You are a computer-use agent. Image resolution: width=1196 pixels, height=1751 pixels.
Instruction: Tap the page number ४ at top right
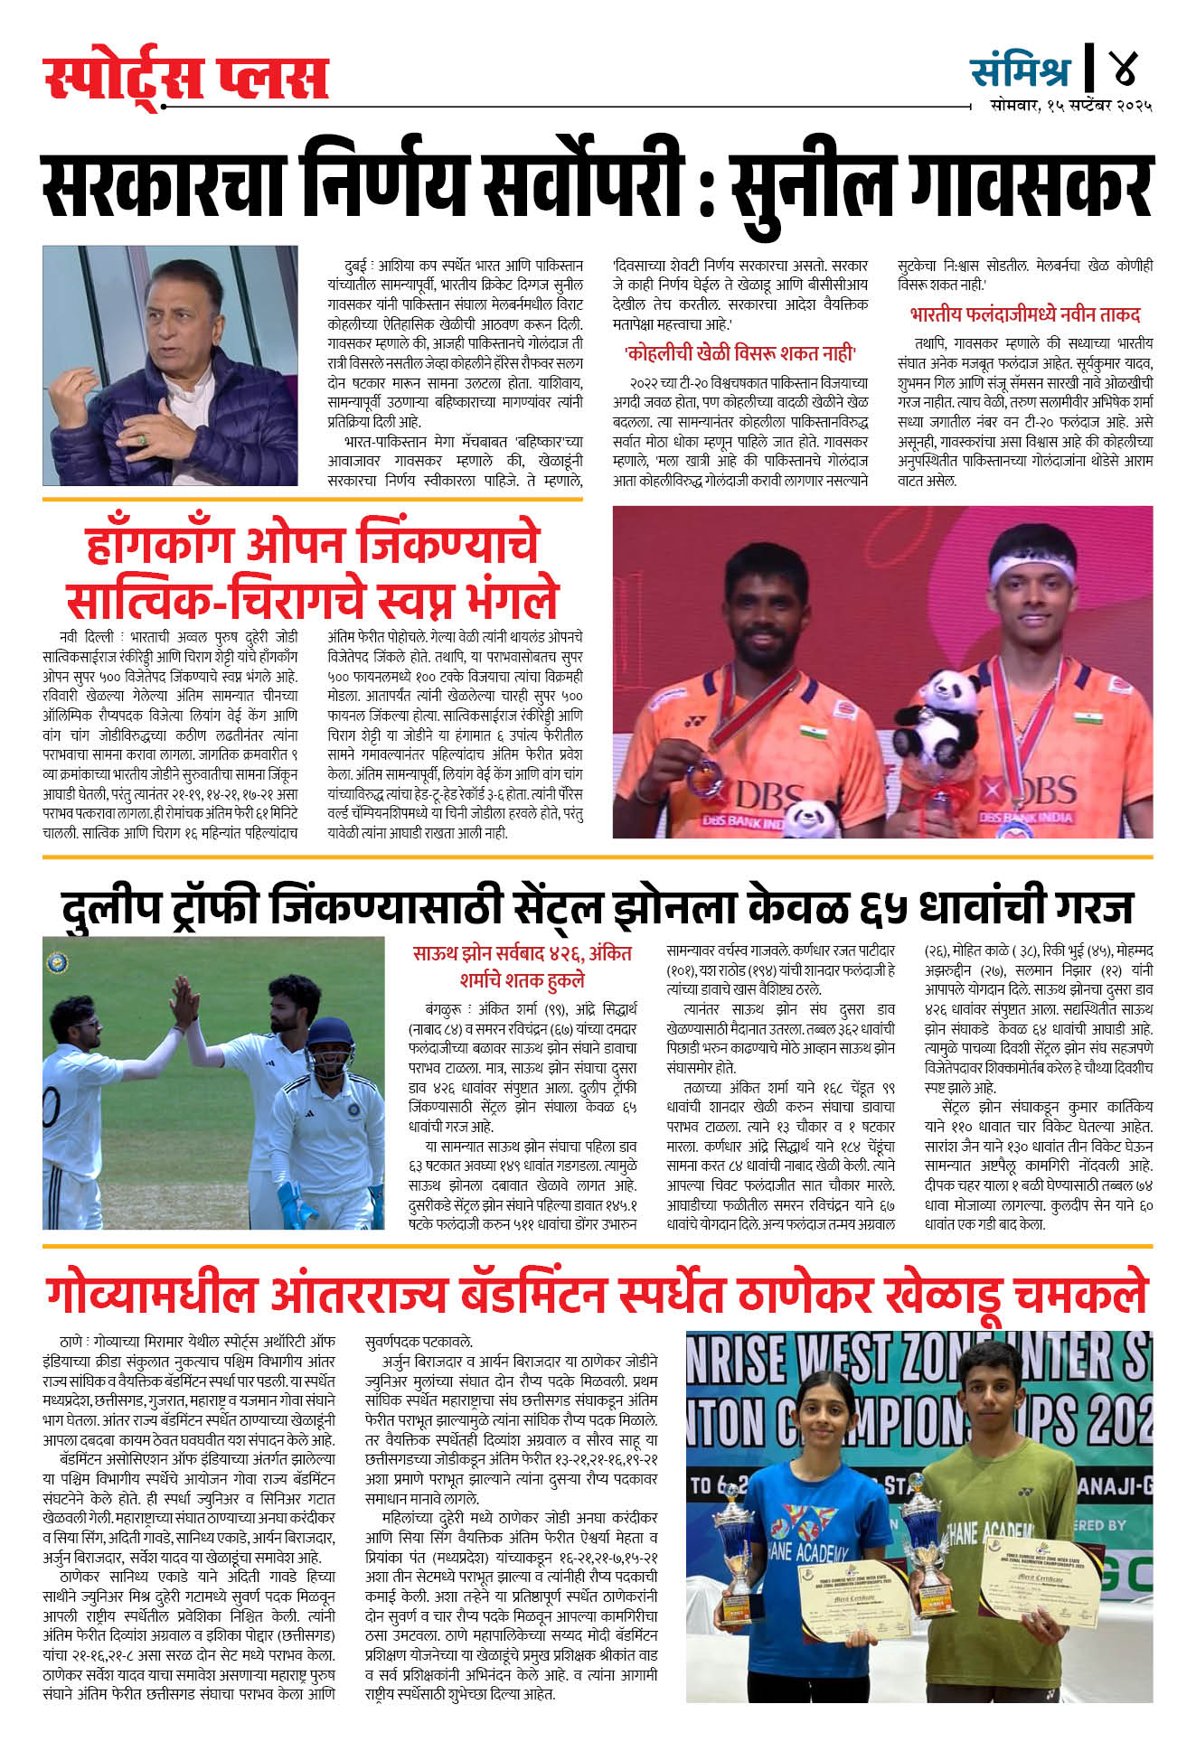[x=1125, y=68]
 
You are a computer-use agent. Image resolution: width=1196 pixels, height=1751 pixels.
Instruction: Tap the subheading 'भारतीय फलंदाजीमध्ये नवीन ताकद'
[x=1024, y=315]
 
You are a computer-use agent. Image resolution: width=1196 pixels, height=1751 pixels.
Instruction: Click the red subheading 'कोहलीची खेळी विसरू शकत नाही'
[x=739, y=353]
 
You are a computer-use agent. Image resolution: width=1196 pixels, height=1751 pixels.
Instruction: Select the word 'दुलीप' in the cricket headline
[x=111, y=907]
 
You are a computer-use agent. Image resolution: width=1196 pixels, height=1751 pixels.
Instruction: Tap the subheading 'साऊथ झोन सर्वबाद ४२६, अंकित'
[x=522, y=953]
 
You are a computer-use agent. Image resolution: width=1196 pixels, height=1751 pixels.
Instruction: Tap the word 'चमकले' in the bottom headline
[x=1080, y=1295]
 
